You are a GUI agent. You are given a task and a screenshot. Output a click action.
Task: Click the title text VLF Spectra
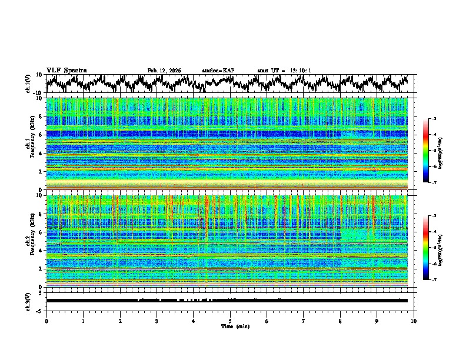click(x=66, y=71)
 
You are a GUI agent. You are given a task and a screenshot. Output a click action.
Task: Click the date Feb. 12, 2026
click(x=164, y=71)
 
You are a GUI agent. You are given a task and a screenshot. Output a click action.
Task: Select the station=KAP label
click(x=218, y=71)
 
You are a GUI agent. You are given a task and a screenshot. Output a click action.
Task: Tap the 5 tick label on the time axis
click(x=230, y=321)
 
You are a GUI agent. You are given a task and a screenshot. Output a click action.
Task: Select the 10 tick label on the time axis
click(x=414, y=321)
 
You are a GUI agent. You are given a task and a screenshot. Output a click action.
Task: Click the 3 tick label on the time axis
click(x=157, y=321)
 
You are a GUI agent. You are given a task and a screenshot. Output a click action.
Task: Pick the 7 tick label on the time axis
click(x=304, y=321)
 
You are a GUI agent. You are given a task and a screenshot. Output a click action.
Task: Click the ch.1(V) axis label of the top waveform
click(x=28, y=83)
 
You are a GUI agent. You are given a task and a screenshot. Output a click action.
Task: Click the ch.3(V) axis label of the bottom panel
click(x=28, y=301)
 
